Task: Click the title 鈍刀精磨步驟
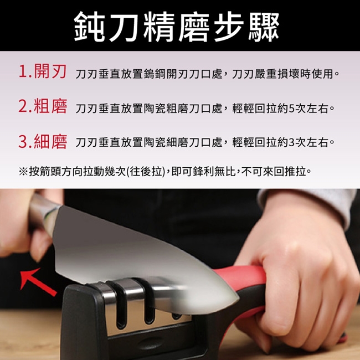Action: pos(176,27)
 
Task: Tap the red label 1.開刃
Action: pos(43,71)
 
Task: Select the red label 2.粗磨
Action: pos(43,106)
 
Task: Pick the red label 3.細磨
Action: pos(43,141)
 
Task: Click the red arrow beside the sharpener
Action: pos(38,282)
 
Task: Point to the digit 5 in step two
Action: pos(291,109)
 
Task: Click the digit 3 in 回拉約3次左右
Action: pos(291,142)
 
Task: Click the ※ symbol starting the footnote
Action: pos(23,172)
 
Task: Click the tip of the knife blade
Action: pos(238,299)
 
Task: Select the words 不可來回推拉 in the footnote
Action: pos(273,172)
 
